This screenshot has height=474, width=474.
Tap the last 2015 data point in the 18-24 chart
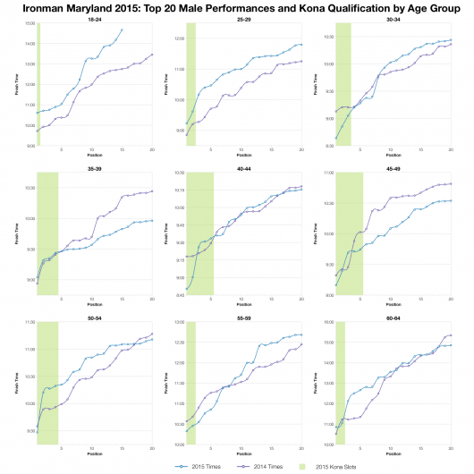(122, 30)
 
